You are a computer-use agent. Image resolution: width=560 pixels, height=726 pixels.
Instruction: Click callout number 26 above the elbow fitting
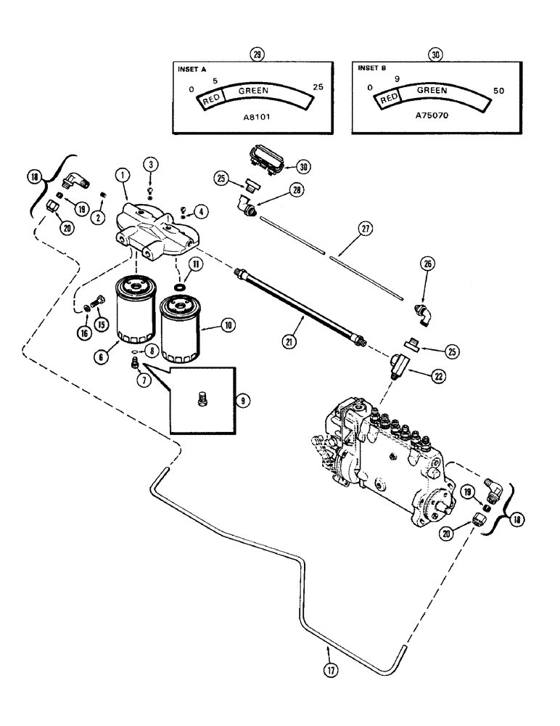427,264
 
